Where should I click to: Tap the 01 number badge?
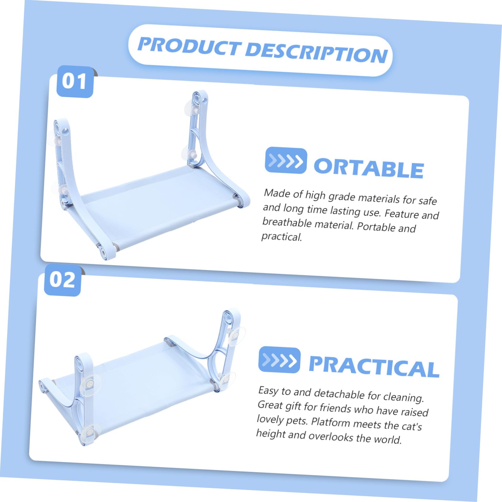click(x=75, y=81)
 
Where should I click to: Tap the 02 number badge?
click(x=62, y=280)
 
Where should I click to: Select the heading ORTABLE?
click(x=369, y=169)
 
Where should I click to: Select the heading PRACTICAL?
click(x=374, y=367)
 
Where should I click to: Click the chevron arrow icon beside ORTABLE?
click(x=286, y=161)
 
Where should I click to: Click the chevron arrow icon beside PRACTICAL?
click(x=279, y=360)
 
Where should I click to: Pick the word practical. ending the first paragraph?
click(x=282, y=236)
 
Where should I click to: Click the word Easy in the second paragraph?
click(x=268, y=390)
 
